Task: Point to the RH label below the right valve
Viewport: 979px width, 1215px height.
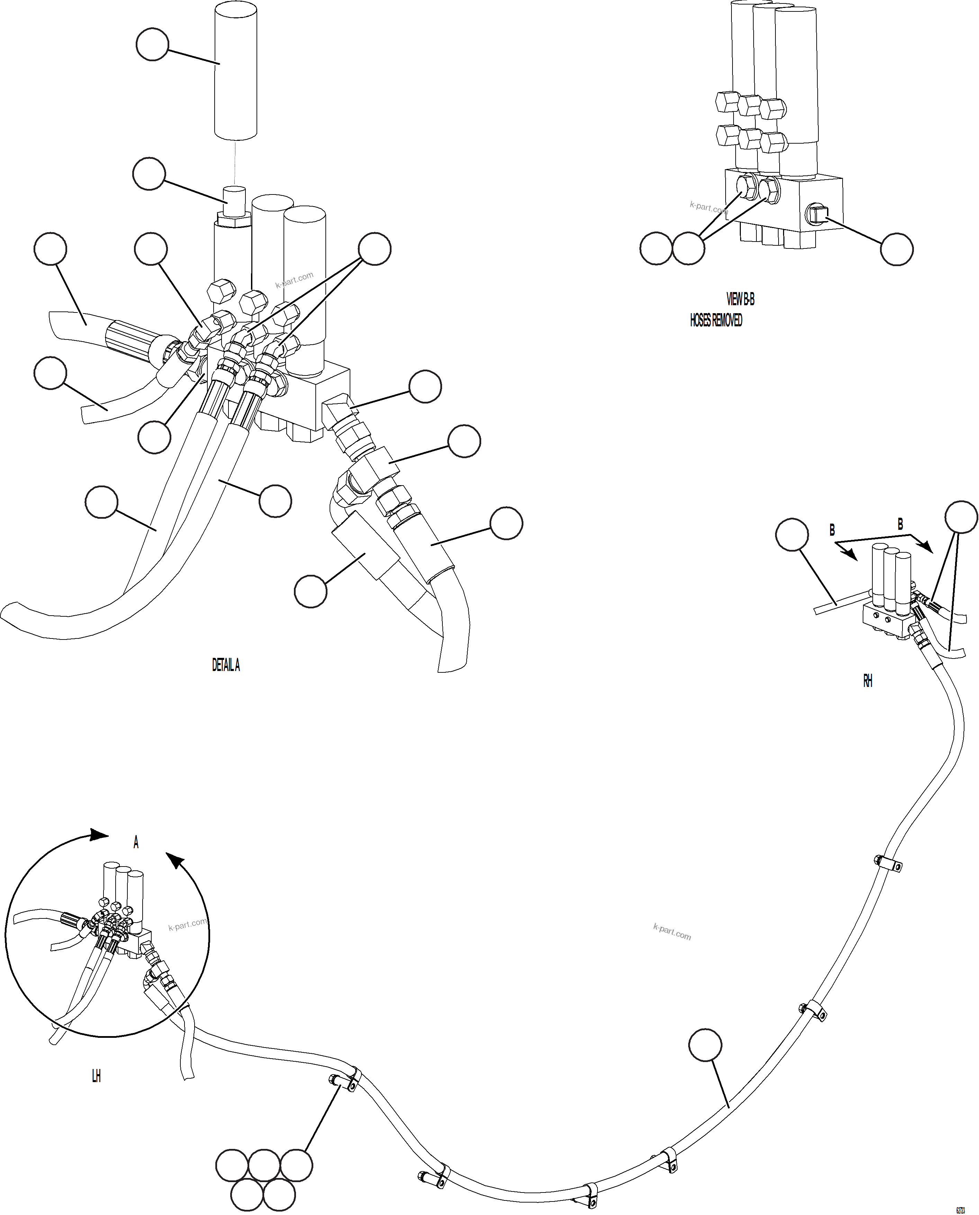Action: pyautogui.click(x=867, y=681)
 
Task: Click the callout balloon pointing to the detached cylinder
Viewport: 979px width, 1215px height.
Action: pyautogui.click(x=152, y=45)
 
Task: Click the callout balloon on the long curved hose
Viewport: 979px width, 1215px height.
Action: pyautogui.click(x=705, y=1045)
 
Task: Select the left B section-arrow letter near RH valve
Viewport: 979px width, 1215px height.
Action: pyautogui.click(x=832, y=531)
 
